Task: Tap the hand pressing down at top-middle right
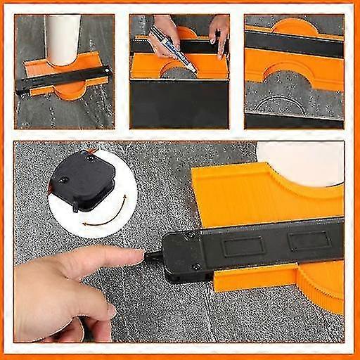219,32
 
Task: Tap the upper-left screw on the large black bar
190,237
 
